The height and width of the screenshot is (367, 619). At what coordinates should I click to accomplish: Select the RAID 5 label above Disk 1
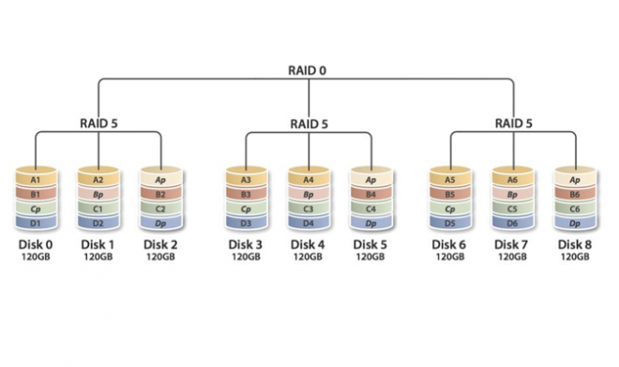(x=99, y=123)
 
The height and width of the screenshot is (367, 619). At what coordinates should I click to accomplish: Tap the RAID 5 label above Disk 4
(x=309, y=123)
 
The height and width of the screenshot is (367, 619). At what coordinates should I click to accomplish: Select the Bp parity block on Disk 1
(x=98, y=194)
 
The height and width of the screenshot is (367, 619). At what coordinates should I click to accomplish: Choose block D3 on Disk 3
(x=245, y=225)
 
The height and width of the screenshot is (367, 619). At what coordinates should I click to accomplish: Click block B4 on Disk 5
(x=370, y=194)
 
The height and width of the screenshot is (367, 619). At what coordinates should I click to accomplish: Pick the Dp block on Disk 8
(x=577, y=225)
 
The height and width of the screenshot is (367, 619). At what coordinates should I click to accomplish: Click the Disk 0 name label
(x=35, y=244)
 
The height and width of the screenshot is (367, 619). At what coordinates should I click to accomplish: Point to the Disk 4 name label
(x=308, y=244)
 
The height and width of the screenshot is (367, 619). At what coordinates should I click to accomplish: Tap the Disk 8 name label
(x=577, y=244)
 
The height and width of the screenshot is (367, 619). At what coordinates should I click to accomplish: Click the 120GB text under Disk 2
(x=161, y=257)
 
